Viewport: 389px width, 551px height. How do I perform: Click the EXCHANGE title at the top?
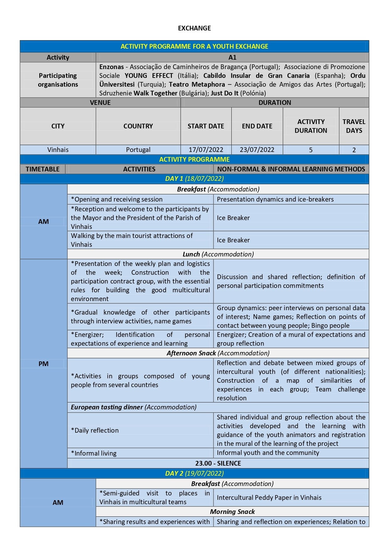click(x=194, y=28)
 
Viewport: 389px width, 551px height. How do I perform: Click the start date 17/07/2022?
click(x=206, y=150)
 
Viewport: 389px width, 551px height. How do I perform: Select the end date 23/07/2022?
click(x=257, y=150)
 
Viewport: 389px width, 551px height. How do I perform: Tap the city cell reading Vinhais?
click(x=58, y=150)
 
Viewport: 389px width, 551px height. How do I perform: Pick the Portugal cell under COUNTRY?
click(x=138, y=150)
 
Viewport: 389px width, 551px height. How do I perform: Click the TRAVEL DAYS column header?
click(x=354, y=126)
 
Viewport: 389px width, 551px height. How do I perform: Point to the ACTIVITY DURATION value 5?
click(x=311, y=150)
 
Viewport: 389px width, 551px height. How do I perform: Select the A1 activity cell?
click(x=232, y=57)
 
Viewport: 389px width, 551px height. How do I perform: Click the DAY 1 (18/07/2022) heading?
click(x=194, y=179)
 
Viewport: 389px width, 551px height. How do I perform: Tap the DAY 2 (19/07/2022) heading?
click(x=194, y=473)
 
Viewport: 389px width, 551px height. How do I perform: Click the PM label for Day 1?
click(x=43, y=364)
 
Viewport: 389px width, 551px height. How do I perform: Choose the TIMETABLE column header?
click(x=43, y=169)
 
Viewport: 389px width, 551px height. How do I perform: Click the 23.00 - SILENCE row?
click(x=218, y=463)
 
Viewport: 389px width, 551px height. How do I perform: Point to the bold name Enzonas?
click(x=112, y=67)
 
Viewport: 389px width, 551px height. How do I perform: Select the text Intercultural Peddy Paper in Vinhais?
click(x=269, y=498)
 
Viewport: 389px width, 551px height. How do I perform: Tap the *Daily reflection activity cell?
click(x=95, y=430)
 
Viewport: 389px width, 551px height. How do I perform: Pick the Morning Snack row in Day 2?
click(x=232, y=512)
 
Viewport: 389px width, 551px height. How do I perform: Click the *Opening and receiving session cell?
click(x=117, y=199)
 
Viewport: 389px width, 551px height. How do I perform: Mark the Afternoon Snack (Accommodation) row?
click(x=218, y=353)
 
